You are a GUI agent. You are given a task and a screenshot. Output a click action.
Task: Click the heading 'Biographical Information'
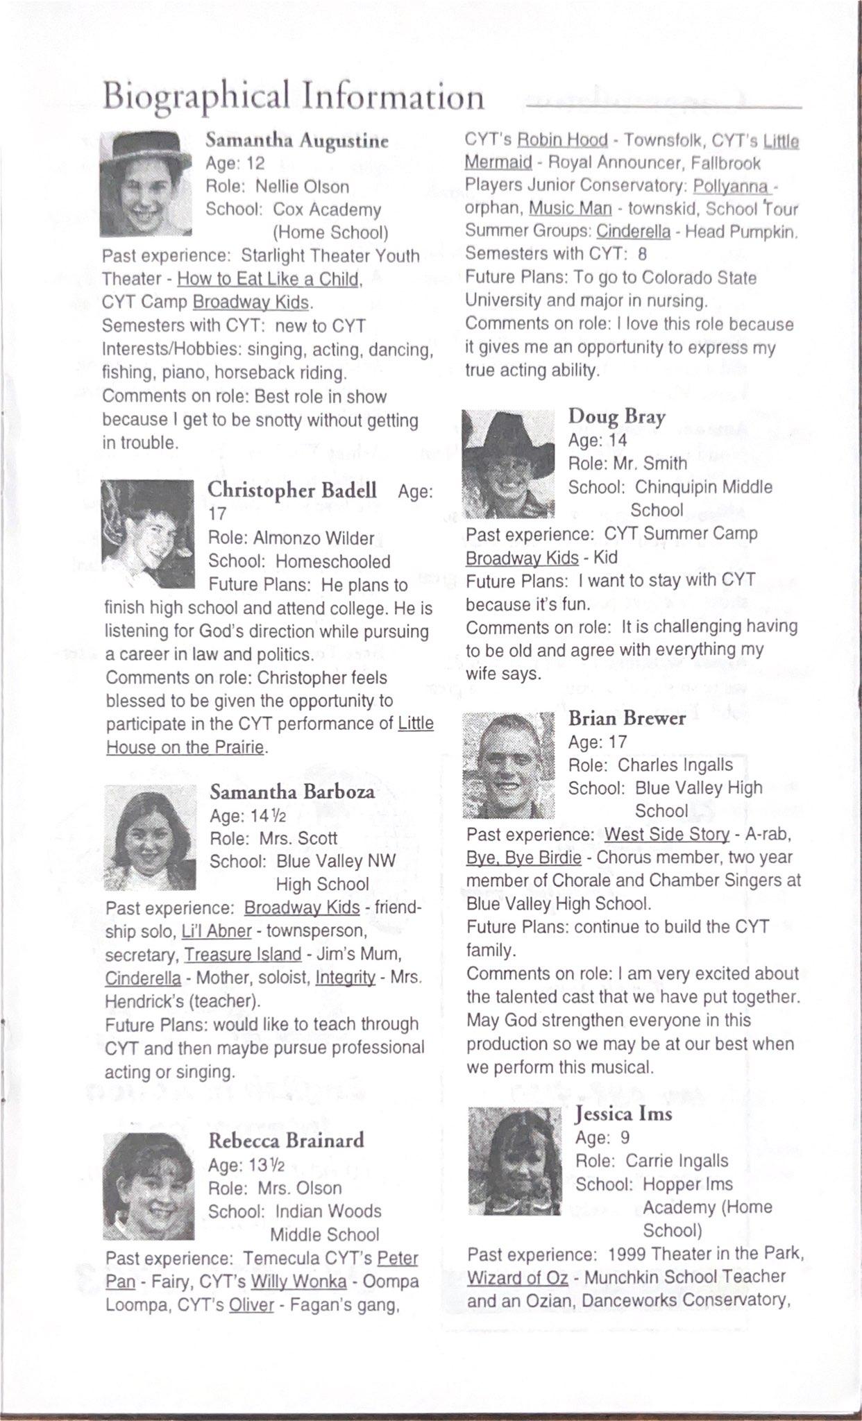coord(293,96)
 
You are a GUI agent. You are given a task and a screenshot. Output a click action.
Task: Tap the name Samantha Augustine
coord(296,141)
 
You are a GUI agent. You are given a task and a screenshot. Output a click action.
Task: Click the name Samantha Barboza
coord(292,792)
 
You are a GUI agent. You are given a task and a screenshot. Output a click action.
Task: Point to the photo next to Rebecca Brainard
coord(149,1186)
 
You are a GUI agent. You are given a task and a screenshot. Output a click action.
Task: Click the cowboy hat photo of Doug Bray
coord(509,463)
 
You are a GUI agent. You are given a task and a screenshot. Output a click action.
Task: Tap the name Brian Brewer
coord(627,718)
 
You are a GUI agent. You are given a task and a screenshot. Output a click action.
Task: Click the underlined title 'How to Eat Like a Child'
coord(269,279)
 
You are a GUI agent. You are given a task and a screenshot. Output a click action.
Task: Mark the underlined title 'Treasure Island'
coord(242,954)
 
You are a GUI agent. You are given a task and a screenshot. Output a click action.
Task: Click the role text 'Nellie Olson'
coord(302,187)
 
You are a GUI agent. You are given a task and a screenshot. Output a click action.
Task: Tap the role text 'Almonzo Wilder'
coord(314,538)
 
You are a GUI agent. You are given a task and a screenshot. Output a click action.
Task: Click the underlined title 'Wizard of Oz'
coord(517,1277)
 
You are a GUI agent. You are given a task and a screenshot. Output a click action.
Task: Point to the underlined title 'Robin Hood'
coord(562,140)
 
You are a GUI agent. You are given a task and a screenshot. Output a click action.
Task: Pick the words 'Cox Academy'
coord(327,210)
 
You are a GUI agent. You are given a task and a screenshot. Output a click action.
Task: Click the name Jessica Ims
coord(623,1114)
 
